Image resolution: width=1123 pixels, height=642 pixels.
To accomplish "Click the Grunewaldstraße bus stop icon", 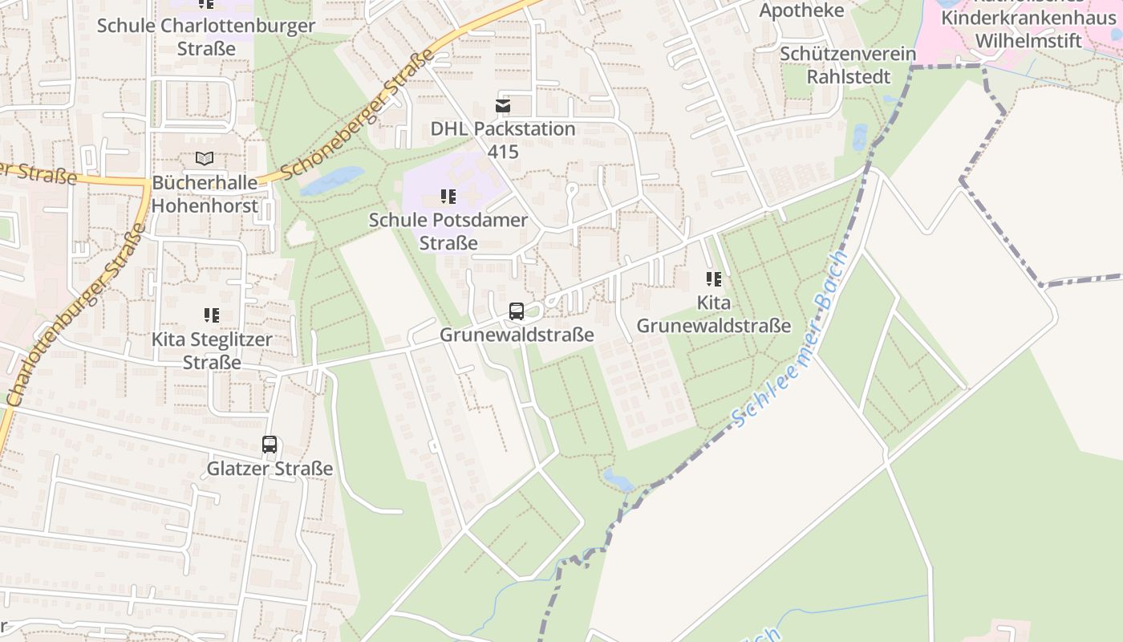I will pyautogui.click(x=517, y=311).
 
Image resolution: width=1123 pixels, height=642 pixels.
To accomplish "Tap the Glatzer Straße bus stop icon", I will pyautogui.click(x=270, y=445).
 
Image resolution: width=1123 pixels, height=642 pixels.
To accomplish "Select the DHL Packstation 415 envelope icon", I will pyautogui.click(x=503, y=106).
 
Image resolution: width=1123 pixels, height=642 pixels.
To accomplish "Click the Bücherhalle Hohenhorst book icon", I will pyautogui.click(x=205, y=159).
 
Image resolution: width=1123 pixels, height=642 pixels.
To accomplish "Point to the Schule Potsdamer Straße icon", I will pyautogui.click(x=448, y=197).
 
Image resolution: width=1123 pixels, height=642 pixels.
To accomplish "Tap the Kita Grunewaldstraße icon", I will pyautogui.click(x=713, y=279).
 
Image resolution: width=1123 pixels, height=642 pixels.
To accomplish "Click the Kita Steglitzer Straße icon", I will pyautogui.click(x=212, y=315).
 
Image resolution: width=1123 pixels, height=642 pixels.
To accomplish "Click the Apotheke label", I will pyautogui.click(x=801, y=10).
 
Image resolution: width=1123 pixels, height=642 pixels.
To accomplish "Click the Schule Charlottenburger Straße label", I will pyautogui.click(x=206, y=37).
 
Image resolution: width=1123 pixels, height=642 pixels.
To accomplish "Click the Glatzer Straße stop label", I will pyautogui.click(x=270, y=469).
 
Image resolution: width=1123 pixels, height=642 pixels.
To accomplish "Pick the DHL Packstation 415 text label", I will pyautogui.click(x=503, y=140).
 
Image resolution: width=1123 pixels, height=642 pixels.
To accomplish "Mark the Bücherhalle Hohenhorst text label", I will pyautogui.click(x=205, y=194).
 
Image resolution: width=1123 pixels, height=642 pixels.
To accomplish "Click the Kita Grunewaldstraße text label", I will pyautogui.click(x=713, y=315).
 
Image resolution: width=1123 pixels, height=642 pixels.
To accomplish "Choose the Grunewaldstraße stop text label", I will pyautogui.click(x=517, y=335).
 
